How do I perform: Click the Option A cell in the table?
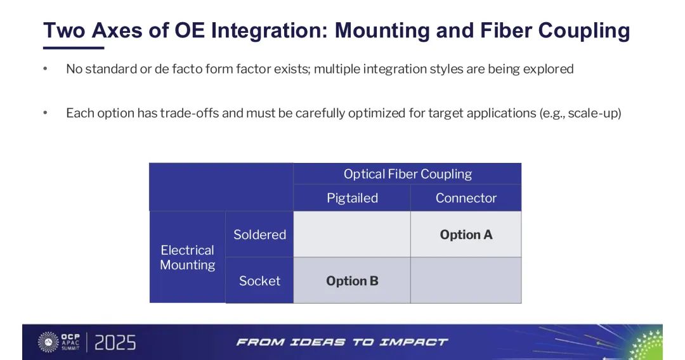click(x=466, y=235)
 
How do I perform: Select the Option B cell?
click(x=352, y=280)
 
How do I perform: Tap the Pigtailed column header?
click(x=352, y=198)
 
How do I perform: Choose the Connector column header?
click(x=466, y=198)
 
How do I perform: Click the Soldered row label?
click(x=259, y=235)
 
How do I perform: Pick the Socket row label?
click(x=259, y=280)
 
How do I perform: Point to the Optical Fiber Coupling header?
click(x=408, y=174)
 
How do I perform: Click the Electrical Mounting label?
click(x=187, y=257)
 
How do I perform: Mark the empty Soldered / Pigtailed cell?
click(x=352, y=235)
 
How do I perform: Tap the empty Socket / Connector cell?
click(x=466, y=280)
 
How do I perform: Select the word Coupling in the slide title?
click(x=584, y=31)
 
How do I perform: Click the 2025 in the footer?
click(x=115, y=342)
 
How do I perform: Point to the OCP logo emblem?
click(x=48, y=342)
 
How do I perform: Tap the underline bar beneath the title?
click(x=74, y=48)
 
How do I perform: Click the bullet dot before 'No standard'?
click(x=45, y=68)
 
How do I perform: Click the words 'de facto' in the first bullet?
click(x=178, y=69)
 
